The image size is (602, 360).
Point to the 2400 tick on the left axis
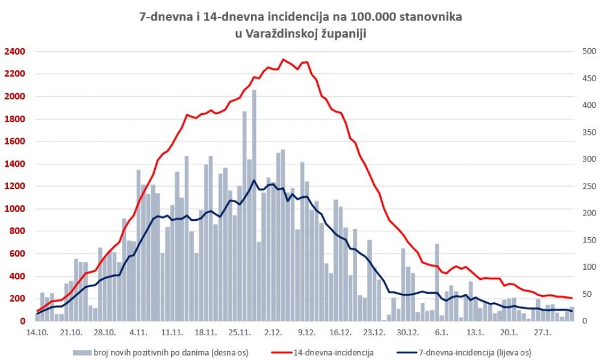pos(14,52)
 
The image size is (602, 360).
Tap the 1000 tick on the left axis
pos(14,209)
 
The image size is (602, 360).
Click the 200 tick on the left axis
pos(16,299)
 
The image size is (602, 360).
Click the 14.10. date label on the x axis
pos(37,332)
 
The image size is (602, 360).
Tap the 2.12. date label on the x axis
pos(273,332)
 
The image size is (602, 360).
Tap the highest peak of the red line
pos(284,60)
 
